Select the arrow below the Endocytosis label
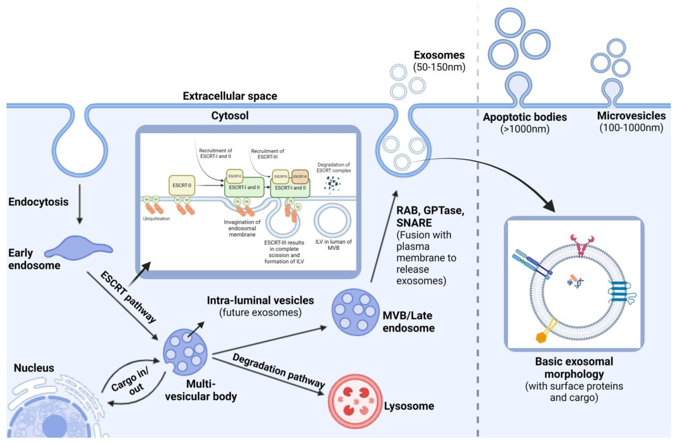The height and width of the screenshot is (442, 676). (80, 204)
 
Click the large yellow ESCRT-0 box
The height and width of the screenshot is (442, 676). (182, 185)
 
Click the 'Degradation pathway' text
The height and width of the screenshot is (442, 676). (278, 371)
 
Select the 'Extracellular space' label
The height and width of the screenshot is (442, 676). (230, 96)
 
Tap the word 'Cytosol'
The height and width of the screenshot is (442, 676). (230, 115)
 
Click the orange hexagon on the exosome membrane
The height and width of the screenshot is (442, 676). (541, 337)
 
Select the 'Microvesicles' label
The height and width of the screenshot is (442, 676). (631, 115)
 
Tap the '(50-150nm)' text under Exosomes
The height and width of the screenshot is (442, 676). (439, 67)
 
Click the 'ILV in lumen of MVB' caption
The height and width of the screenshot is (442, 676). (333, 245)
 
